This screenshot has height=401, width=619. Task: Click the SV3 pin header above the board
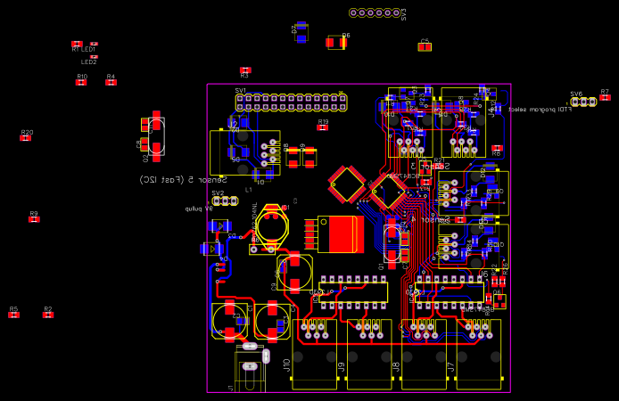click(x=376, y=12)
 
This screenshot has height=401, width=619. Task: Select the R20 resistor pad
click(x=27, y=138)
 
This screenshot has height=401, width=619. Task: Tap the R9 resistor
click(x=34, y=219)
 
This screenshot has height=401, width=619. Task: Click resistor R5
click(x=13, y=315)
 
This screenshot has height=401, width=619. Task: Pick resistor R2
click(x=48, y=315)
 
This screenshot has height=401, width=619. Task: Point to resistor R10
click(x=81, y=82)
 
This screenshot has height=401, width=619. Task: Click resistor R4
click(x=111, y=82)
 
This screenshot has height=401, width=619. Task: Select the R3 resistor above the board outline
click(x=245, y=70)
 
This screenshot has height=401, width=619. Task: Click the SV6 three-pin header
click(x=583, y=102)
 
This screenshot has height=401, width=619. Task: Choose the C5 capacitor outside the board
click(x=425, y=46)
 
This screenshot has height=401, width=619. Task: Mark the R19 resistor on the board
click(x=323, y=127)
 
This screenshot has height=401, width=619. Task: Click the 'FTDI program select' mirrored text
click(x=540, y=110)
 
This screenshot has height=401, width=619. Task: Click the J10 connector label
click(x=286, y=364)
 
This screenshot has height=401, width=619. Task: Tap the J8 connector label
click(x=396, y=364)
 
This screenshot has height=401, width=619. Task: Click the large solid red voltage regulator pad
click(x=340, y=233)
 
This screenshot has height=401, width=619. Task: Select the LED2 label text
click(x=89, y=62)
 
